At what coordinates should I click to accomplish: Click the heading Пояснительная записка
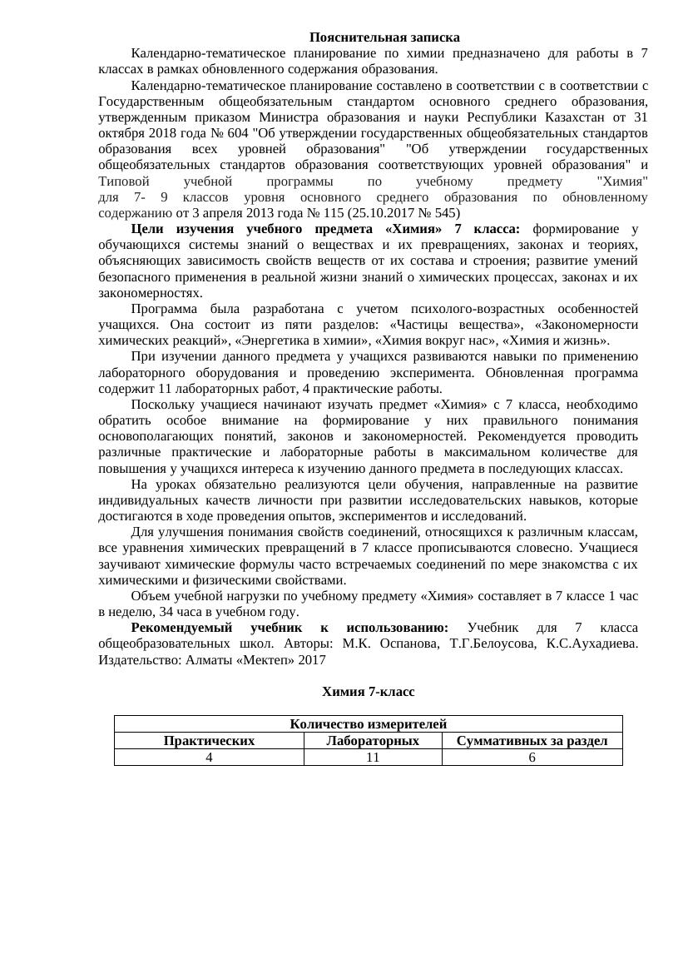(384, 37)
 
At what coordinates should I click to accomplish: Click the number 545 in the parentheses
(442, 213)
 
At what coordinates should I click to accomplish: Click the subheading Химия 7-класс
(368, 693)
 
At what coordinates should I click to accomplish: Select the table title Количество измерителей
(369, 724)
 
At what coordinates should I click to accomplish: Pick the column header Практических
(209, 741)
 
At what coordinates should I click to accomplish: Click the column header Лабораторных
(372, 741)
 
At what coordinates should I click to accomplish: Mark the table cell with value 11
(372, 758)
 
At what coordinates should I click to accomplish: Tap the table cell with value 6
(532, 758)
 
